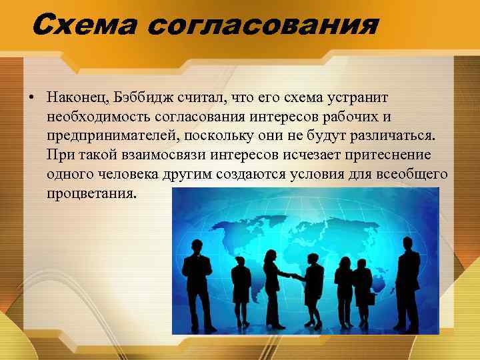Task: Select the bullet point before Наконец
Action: click(31, 98)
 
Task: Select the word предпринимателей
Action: click(113, 137)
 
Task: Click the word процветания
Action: click(90, 195)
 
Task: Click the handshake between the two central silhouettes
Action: click(292, 275)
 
